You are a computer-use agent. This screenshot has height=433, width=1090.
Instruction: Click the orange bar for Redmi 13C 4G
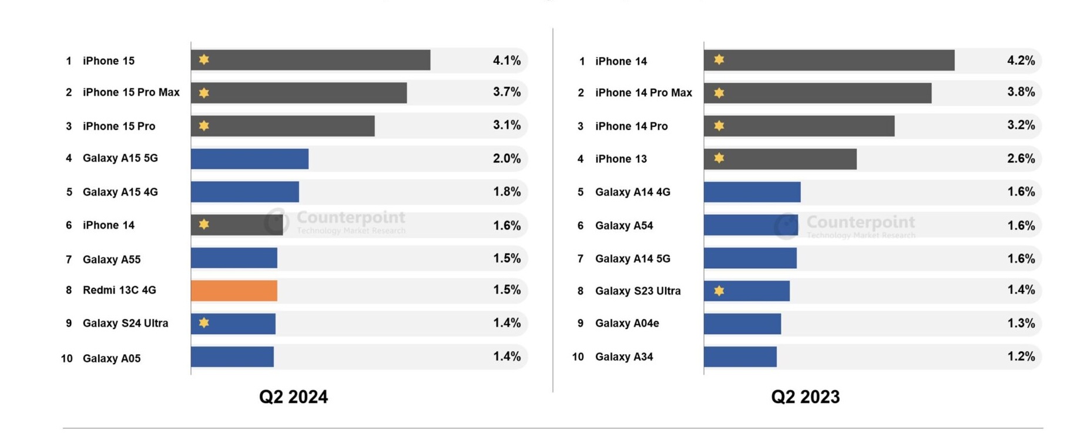point(234,291)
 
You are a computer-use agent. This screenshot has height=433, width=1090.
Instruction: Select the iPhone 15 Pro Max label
point(131,92)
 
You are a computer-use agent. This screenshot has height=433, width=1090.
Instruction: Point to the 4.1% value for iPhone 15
point(507,60)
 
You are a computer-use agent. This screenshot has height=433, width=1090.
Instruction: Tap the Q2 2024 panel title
point(293,397)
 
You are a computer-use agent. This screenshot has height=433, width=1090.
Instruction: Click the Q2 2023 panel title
point(805,397)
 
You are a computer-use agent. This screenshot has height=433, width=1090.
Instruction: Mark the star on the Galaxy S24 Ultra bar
point(204,322)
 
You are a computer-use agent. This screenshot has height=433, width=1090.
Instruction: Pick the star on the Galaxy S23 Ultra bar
point(719,291)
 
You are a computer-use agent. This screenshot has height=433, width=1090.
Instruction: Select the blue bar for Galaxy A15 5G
point(250,159)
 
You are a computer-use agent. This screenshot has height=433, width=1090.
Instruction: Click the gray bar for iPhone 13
point(780,159)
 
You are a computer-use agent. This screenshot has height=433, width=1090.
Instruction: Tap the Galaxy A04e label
point(627,324)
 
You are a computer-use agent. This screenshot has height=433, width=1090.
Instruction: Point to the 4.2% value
point(1021,60)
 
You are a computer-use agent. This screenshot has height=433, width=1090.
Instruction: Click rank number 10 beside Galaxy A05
point(66,358)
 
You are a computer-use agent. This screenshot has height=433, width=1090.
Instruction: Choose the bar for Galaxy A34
point(740,357)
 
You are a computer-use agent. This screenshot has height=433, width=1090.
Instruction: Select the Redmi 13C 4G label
point(119,290)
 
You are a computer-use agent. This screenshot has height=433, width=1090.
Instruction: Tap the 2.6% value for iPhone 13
point(1021,158)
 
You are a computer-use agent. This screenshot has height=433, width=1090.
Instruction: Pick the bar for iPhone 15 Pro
point(283,126)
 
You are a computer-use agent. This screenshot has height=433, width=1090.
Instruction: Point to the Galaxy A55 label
point(112,259)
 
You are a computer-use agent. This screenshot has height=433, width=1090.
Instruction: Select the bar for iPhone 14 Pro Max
point(817,93)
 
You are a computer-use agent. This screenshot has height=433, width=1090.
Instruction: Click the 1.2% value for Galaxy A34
point(1021,357)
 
